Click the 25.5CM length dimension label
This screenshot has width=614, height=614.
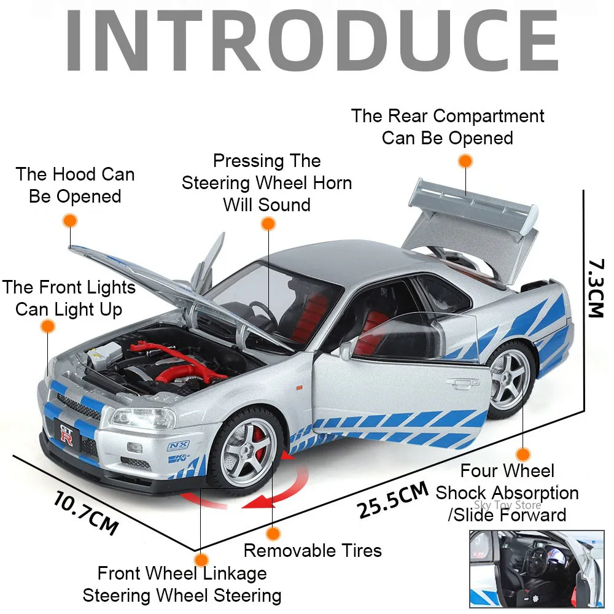[x=392, y=500]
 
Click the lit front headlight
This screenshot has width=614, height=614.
[x=132, y=419]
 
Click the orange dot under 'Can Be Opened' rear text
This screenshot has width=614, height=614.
[x=465, y=161]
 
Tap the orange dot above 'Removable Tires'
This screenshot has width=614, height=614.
[x=273, y=533]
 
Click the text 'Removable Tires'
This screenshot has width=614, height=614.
[x=313, y=550]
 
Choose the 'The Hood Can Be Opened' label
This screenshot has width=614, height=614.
[x=75, y=185]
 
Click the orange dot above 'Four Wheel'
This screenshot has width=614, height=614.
[x=523, y=454]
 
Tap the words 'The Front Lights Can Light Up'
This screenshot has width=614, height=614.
[x=68, y=298]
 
